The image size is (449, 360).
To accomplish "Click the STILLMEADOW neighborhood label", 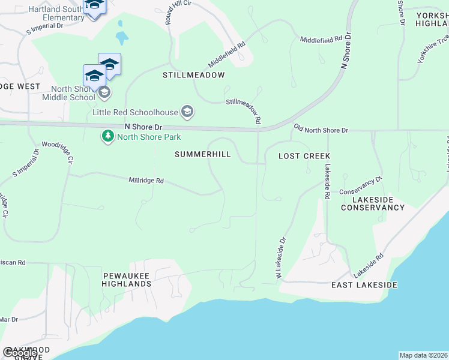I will click(194, 76).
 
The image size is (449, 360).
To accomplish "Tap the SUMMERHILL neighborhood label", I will click(203, 154).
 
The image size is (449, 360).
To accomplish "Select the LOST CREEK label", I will click(304, 156).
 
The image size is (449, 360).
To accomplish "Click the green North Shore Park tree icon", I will click(108, 136).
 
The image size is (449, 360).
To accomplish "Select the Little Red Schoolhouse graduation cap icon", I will click(187, 112).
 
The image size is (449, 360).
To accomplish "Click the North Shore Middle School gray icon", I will click(104, 92).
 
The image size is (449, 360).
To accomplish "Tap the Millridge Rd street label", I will click(146, 180).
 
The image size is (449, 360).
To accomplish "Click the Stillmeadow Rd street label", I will click(244, 110).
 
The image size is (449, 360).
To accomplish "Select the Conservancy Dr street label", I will click(360, 186).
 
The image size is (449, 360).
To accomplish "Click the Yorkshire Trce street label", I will click(433, 49).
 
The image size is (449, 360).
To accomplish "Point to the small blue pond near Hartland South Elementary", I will click(122, 38).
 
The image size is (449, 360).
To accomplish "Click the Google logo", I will click(20, 353).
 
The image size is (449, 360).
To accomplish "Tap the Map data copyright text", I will click(423, 355).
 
